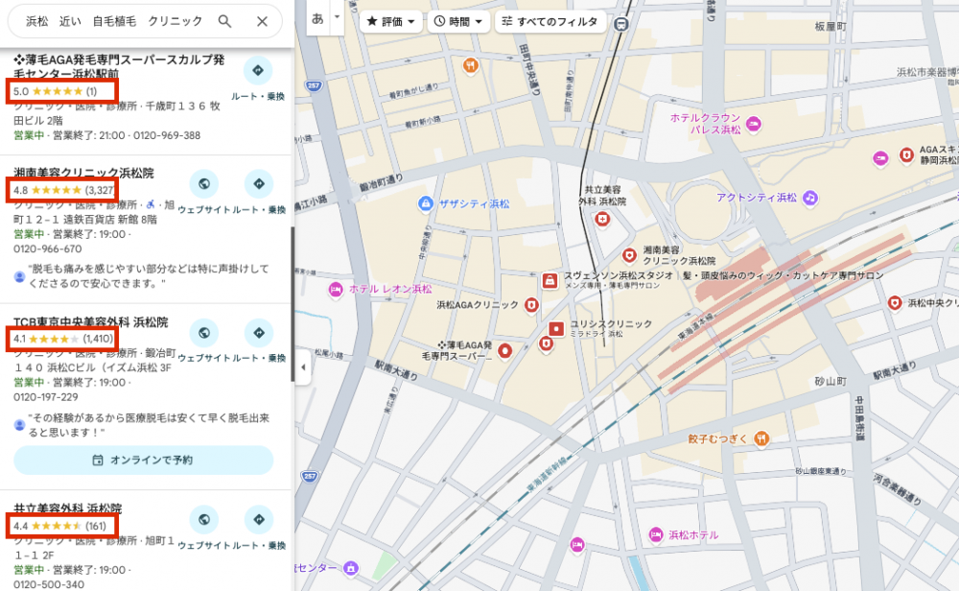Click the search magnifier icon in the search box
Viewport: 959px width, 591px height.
point(224,21)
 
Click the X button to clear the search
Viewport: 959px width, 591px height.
point(262,21)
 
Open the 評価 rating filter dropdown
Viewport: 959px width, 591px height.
point(391,21)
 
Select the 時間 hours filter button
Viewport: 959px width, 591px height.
point(458,21)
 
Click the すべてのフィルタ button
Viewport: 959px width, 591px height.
point(550,21)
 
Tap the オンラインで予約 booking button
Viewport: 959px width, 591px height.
point(143,460)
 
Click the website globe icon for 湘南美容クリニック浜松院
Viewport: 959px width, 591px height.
point(203,183)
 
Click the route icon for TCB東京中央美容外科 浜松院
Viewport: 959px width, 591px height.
point(258,333)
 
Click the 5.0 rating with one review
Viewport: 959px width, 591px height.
point(56,91)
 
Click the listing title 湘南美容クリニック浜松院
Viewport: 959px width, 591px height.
point(83,173)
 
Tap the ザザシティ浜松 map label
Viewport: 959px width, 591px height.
point(474,203)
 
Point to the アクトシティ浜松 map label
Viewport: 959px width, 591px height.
point(757,198)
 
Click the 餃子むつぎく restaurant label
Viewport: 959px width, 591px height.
point(717,438)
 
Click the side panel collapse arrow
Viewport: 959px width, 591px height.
point(303,367)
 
